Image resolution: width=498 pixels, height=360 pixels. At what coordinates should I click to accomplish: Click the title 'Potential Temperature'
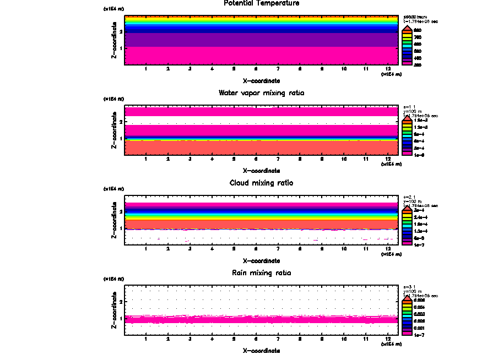tap(261, 3)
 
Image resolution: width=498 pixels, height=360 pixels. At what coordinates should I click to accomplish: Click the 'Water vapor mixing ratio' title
tap(261, 93)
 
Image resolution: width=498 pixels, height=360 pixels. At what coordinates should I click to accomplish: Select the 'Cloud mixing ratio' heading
tap(261, 183)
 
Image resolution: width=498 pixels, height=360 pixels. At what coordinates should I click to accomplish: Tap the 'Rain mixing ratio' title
tap(261, 273)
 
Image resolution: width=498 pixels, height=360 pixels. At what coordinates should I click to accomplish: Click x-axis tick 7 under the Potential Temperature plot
tap(278, 69)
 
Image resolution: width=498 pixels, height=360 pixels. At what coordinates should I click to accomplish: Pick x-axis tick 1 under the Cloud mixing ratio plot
tap(145, 249)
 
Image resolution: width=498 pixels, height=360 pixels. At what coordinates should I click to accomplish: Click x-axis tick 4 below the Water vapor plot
tap(212, 159)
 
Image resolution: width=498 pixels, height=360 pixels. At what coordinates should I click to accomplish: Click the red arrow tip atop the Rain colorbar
tap(407, 296)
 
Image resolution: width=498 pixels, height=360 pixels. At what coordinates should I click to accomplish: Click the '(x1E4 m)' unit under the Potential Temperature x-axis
tap(391, 74)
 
